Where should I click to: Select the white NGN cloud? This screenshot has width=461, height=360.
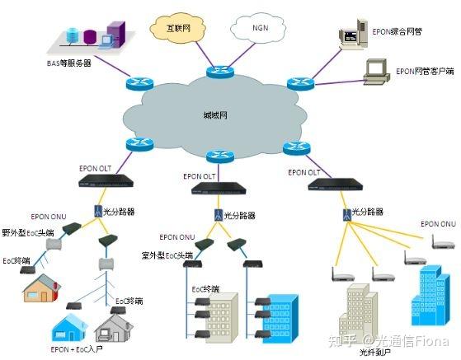pos(261,30)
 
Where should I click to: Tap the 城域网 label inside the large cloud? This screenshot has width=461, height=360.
pos(217,115)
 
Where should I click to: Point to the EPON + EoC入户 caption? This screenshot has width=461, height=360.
pos(73,349)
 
